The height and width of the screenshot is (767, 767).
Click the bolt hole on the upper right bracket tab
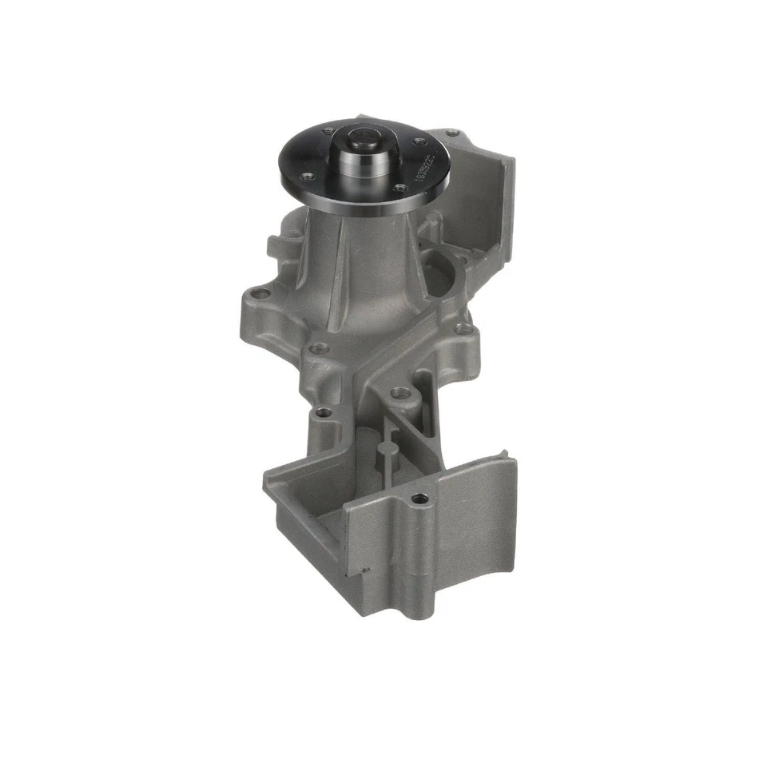click(454, 133)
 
